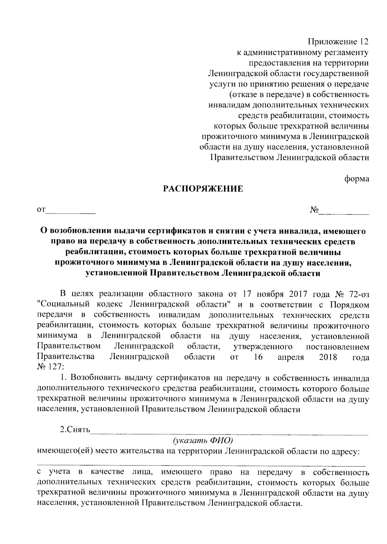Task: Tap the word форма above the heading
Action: click(x=356, y=179)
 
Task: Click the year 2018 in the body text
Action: click(x=328, y=357)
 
